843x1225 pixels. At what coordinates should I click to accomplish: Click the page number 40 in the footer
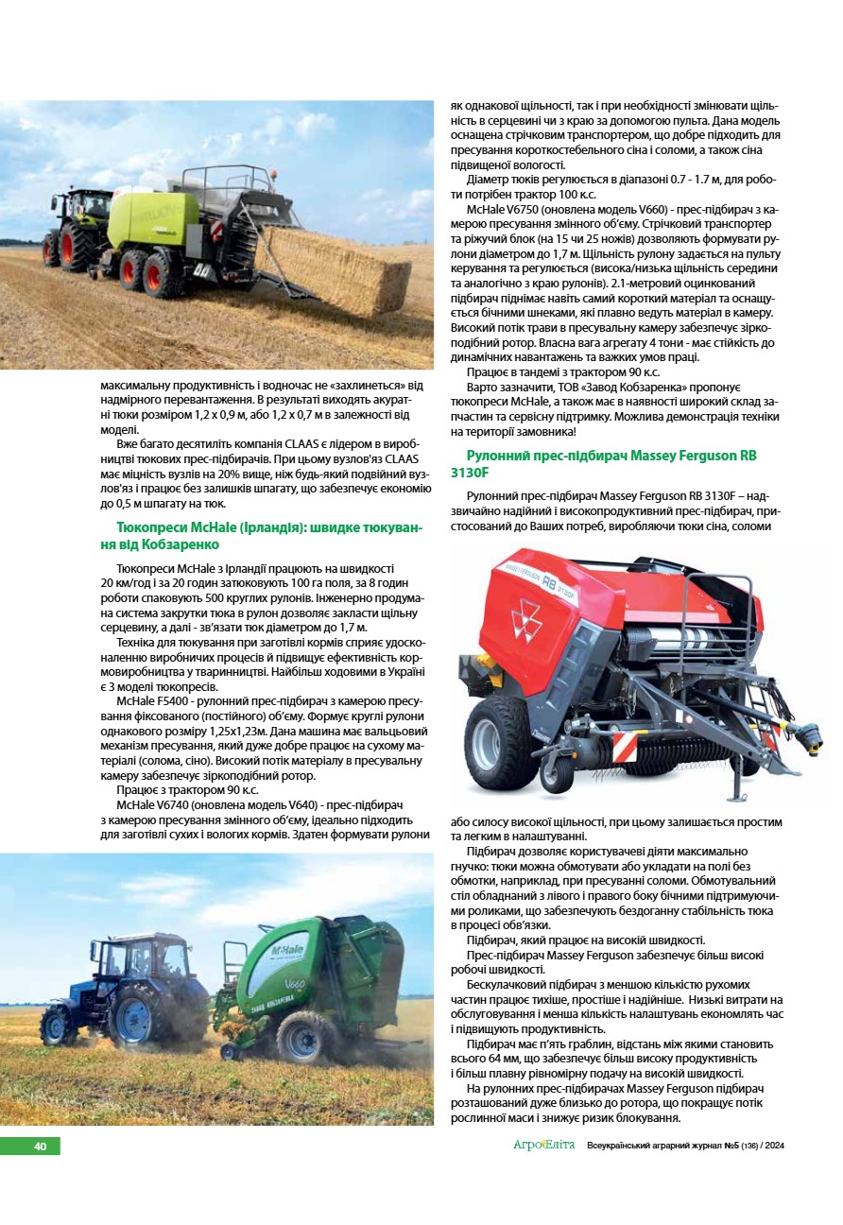coord(41,1146)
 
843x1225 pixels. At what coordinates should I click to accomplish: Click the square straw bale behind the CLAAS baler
coord(335,269)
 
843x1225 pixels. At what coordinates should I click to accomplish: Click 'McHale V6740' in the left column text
coord(152,804)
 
